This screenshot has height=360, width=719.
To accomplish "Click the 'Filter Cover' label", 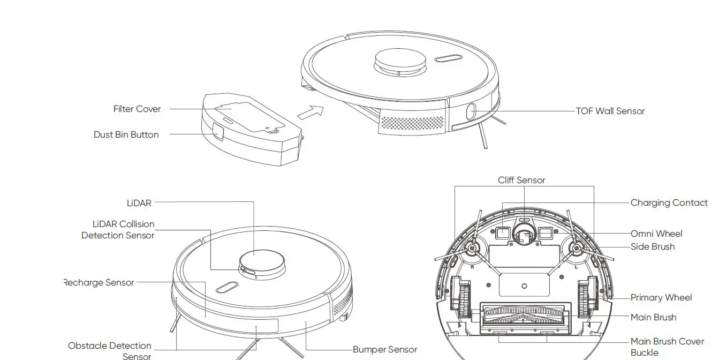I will [137, 109].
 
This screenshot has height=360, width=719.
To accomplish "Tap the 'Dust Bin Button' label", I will [126, 134].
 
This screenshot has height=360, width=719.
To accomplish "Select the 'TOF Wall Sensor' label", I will [610, 111].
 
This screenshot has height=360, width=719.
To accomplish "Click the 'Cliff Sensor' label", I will [521, 180].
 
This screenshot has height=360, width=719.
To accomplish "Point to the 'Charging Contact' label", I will [669, 202].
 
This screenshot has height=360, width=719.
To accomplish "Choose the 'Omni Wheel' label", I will [656, 234].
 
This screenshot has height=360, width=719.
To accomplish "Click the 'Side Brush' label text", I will [652, 246].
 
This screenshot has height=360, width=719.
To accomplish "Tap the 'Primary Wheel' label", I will [661, 297].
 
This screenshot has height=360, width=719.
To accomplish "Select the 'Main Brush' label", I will [653, 317].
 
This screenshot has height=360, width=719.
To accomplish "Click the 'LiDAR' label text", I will [139, 203].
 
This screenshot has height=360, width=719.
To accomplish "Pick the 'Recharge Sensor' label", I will [99, 282].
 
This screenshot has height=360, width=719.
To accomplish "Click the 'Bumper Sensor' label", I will [384, 349].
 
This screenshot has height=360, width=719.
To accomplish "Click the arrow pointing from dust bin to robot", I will [311, 112].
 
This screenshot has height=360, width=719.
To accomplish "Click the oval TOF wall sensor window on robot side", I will [471, 112].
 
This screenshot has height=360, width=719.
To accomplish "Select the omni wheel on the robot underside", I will [524, 234].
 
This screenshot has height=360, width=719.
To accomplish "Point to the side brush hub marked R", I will [472, 248].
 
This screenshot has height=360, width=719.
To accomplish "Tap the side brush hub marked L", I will [576, 248].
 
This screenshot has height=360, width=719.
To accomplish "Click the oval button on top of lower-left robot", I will [227, 287].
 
